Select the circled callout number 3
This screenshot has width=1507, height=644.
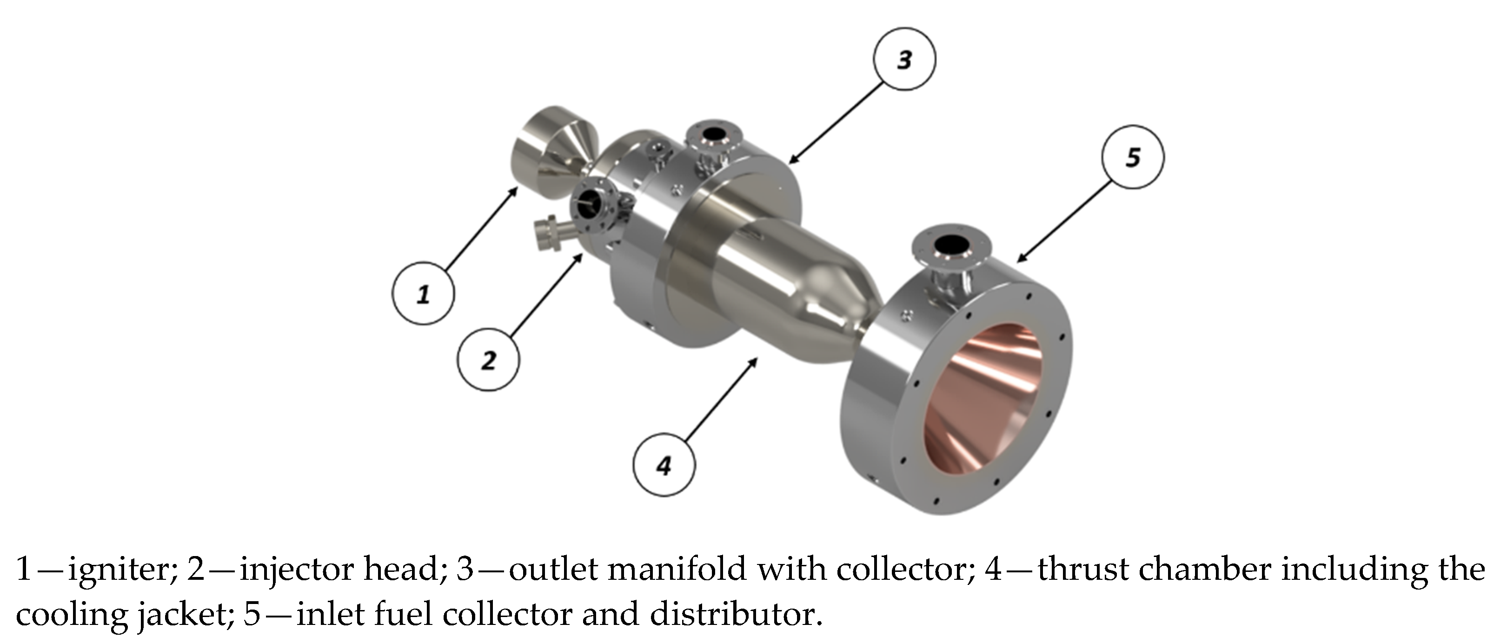click(x=904, y=59)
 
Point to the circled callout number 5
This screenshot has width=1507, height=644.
click(x=1133, y=157)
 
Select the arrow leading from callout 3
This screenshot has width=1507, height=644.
click(x=836, y=122)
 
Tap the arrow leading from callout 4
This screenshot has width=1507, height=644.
click(x=721, y=399)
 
